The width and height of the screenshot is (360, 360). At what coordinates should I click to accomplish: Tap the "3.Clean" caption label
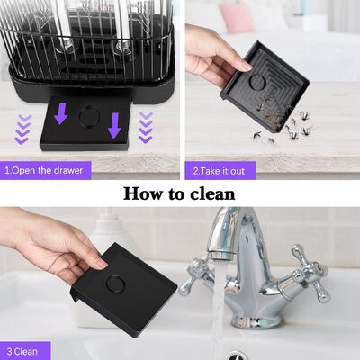[24, 350]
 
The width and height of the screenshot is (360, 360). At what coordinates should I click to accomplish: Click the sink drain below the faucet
[236, 355]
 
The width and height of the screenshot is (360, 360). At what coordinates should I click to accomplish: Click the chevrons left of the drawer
[20, 132]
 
